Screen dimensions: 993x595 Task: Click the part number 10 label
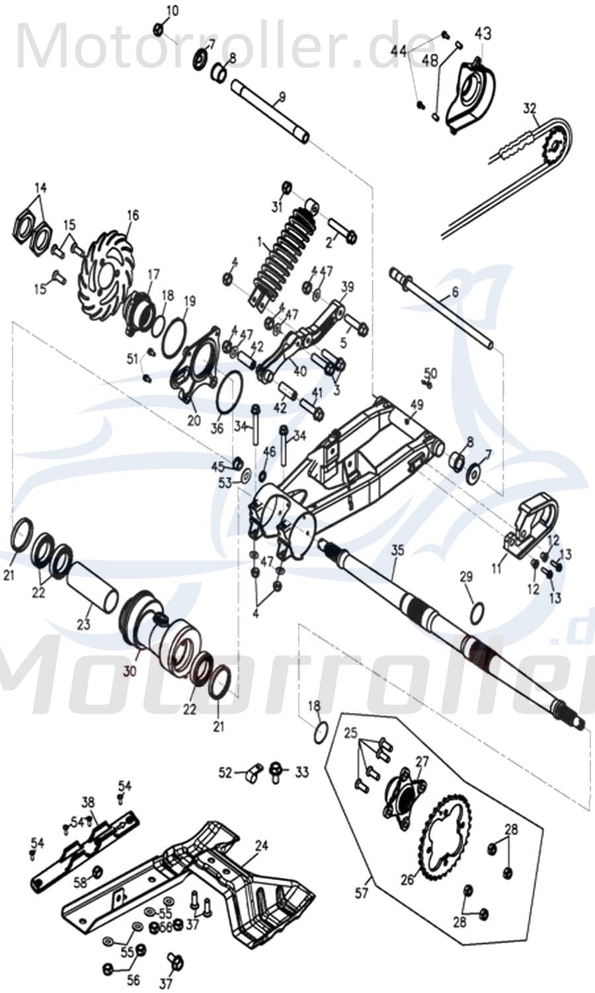point(172,11)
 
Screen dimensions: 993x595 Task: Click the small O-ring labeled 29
point(477,612)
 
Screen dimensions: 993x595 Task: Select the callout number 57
point(362,894)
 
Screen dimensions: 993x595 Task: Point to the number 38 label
point(88,802)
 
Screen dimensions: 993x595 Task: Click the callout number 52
point(225,772)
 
